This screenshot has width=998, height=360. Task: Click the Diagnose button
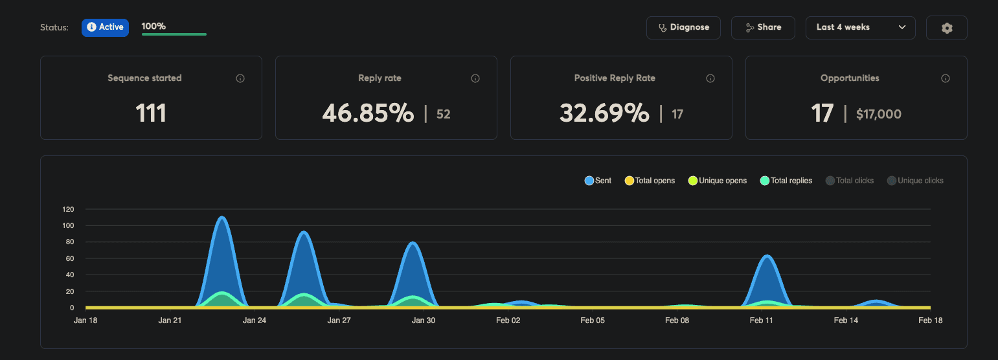tap(683, 27)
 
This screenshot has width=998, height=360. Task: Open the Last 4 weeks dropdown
tap(860, 27)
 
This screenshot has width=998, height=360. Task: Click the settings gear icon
tap(946, 28)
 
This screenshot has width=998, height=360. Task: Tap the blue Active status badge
tap(105, 27)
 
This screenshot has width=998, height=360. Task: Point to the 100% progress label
tap(154, 27)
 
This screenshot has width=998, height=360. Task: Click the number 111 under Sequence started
tap(151, 113)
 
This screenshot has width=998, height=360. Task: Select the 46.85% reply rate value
tap(368, 113)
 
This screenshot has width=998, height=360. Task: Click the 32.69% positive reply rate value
tap(604, 113)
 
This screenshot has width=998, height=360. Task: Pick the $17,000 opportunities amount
tap(878, 115)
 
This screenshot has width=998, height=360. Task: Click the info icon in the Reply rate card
tap(475, 78)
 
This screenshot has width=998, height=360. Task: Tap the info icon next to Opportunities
tap(945, 78)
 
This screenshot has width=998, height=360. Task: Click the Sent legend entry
tap(598, 181)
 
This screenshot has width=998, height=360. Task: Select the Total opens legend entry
tap(650, 181)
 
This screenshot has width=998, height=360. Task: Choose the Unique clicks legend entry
tap(915, 181)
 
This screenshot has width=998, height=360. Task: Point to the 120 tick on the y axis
tap(68, 209)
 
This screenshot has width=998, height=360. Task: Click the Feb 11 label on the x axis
tap(761, 321)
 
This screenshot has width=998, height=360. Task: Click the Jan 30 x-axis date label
tap(424, 321)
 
